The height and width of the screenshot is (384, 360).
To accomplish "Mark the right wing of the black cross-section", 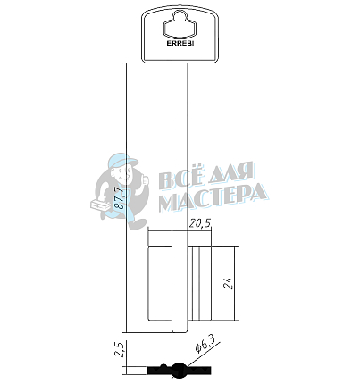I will coord(197,368).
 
